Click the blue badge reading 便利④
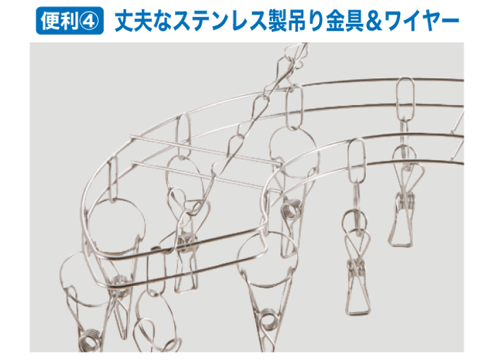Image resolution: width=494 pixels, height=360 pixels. tap(69, 21)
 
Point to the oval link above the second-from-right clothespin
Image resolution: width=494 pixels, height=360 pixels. tap(357, 161)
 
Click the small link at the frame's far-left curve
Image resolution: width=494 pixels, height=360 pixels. tap(113, 180)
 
